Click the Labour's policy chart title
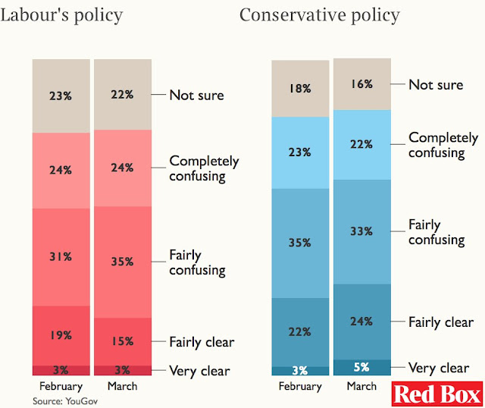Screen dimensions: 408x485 [x=61, y=14]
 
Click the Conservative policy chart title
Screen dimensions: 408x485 [x=320, y=14]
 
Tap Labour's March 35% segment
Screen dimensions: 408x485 [x=124, y=262]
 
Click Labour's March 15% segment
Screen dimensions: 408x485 [x=124, y=341]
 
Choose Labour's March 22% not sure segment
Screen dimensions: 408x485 [x=124, y=95]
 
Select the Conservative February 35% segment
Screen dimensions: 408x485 [x=299, y=243]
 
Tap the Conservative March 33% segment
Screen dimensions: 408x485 [x=361, y=231]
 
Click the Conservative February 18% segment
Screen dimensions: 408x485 [x=299, y=88]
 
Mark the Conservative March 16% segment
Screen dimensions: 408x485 [x=361, y=84]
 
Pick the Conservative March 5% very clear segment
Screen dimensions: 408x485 [x=361, y=367]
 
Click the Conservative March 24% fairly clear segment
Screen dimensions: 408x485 [x=361, y=321]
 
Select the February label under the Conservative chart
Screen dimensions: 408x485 [x=299, y=386]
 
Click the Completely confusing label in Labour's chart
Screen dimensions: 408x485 [x=204, y=168]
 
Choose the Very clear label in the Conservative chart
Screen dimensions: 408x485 [x=438, y=368]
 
